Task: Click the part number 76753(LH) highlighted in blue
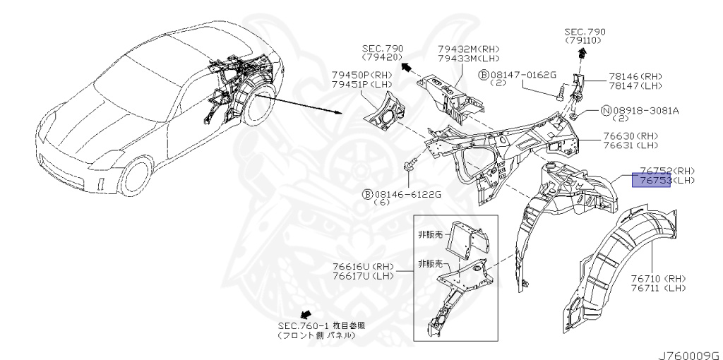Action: [667, 181]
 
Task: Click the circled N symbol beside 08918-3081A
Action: [605, 110]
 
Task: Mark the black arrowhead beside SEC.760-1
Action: [306, 313]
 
